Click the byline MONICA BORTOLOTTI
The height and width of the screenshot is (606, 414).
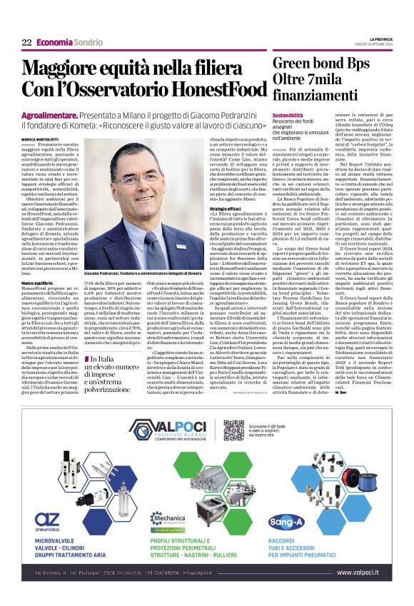pyautogui.click(x=40, y=139)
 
